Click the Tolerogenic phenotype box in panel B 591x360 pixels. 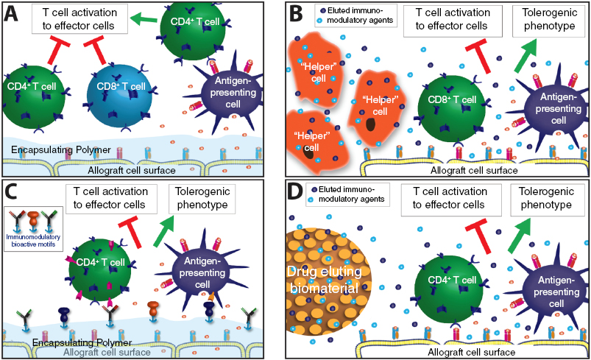point(547,22)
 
